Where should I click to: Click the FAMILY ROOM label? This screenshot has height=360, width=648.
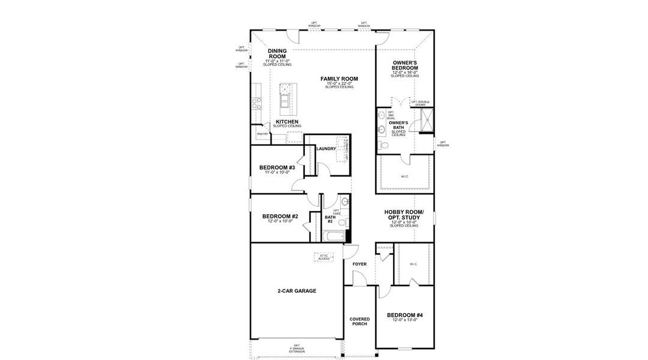tap(339, 79)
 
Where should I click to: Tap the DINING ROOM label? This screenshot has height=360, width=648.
tap(277, 53)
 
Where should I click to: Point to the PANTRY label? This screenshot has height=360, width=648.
tap(262, 134)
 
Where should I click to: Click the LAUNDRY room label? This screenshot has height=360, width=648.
tap(326, 148)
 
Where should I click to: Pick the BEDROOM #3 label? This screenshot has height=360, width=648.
tap(277, 167)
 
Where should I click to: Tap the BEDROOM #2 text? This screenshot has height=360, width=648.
tap(280, 216)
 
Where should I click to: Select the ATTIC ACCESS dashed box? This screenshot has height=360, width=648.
tap(324, 257)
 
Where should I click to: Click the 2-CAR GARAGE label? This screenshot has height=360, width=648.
tap(296, 290)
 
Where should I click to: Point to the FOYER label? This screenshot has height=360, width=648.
tap(359, 263)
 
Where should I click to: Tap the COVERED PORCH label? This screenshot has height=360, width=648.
tap(360, 321)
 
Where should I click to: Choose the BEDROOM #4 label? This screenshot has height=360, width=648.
tap(405, 315)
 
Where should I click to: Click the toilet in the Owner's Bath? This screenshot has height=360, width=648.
tap(385, 146)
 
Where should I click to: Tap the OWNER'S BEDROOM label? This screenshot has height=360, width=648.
tap(405, 65)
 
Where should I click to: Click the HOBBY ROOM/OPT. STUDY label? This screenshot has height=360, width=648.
tap(404, 215)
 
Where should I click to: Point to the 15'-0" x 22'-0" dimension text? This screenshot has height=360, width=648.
tap(339, 83)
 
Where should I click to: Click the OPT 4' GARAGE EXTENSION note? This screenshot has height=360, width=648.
tap(296, 349)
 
